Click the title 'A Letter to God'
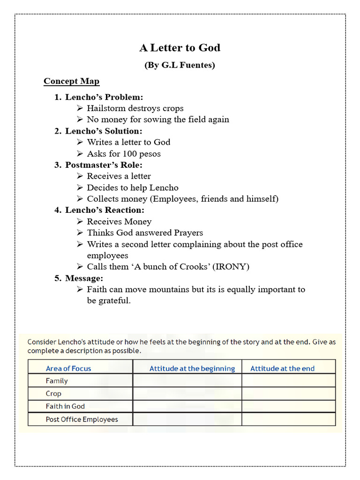(x=180, y=48)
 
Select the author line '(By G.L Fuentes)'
(x=180, y=65)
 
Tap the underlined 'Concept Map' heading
(x=71, y=82)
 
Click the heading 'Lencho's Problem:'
(x=104, y=97)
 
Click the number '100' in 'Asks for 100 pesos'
(x=129, y=154)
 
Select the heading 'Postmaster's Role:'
(x=104, y=165)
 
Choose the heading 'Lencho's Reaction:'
(x=105, y=210)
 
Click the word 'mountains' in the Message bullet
(x=171, y=289)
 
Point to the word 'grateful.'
(x=114, y=300)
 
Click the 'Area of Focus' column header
(x=68, y=368)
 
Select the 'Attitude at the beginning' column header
(x=192, y=368)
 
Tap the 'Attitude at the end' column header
(x=282, y=368)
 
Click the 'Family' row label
(x=57, y=381)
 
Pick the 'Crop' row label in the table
(x=53, y=394)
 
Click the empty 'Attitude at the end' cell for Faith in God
(x=288, y=406)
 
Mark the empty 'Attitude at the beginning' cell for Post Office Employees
(x=187, y=419)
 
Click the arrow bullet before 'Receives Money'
(x=80, y=222)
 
